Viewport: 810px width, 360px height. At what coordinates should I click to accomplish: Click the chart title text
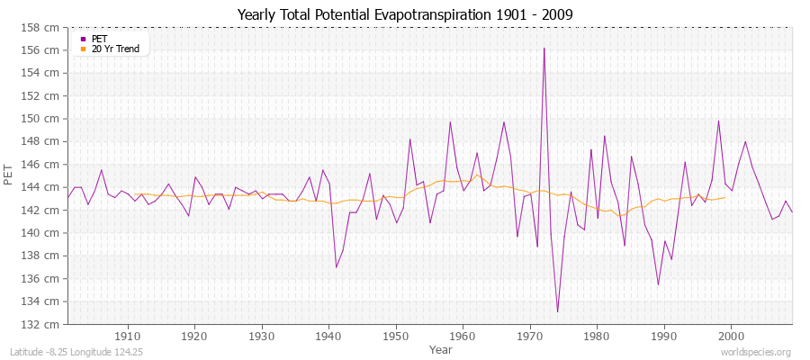405,14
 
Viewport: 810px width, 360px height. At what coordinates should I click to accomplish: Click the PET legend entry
100,39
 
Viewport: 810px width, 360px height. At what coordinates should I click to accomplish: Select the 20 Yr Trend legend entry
116,49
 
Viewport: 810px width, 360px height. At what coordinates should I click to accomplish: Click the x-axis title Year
441,348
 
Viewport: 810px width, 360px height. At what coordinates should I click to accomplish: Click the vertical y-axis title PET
10,175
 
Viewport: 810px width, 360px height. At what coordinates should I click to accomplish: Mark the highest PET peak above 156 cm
544,48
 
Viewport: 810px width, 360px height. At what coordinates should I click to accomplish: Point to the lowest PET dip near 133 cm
557,311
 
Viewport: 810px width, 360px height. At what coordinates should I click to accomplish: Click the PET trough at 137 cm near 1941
336,266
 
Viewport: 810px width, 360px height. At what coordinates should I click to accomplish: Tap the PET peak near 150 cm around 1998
718,121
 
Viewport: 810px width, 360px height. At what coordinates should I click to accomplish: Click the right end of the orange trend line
724,198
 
